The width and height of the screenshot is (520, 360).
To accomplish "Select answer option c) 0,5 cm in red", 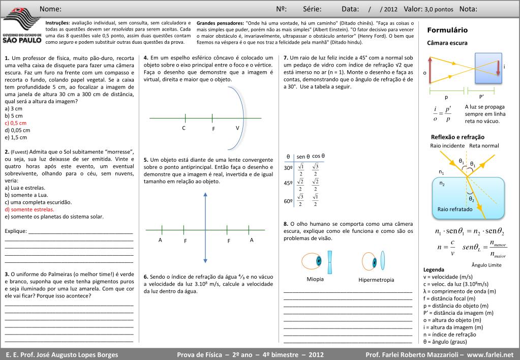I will point(15,123).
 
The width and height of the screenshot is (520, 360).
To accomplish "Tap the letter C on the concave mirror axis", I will point(184,128).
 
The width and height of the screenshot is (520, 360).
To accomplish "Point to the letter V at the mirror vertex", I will point(237,128).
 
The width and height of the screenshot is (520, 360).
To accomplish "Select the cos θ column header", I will point(319,156).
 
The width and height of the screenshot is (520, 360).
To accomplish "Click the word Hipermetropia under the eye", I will point(376,280).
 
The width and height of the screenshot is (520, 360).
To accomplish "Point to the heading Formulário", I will point(447,31).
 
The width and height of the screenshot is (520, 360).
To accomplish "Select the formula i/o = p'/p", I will point(442,114).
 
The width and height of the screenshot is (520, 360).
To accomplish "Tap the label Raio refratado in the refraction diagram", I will point(455,209).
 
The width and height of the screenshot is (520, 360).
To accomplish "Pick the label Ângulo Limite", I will point(486,265).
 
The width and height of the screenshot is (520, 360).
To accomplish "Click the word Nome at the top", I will point(50,9).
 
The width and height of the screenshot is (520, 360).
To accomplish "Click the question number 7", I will point(286,57).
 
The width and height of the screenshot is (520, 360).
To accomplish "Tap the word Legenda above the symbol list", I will point(434,269).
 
